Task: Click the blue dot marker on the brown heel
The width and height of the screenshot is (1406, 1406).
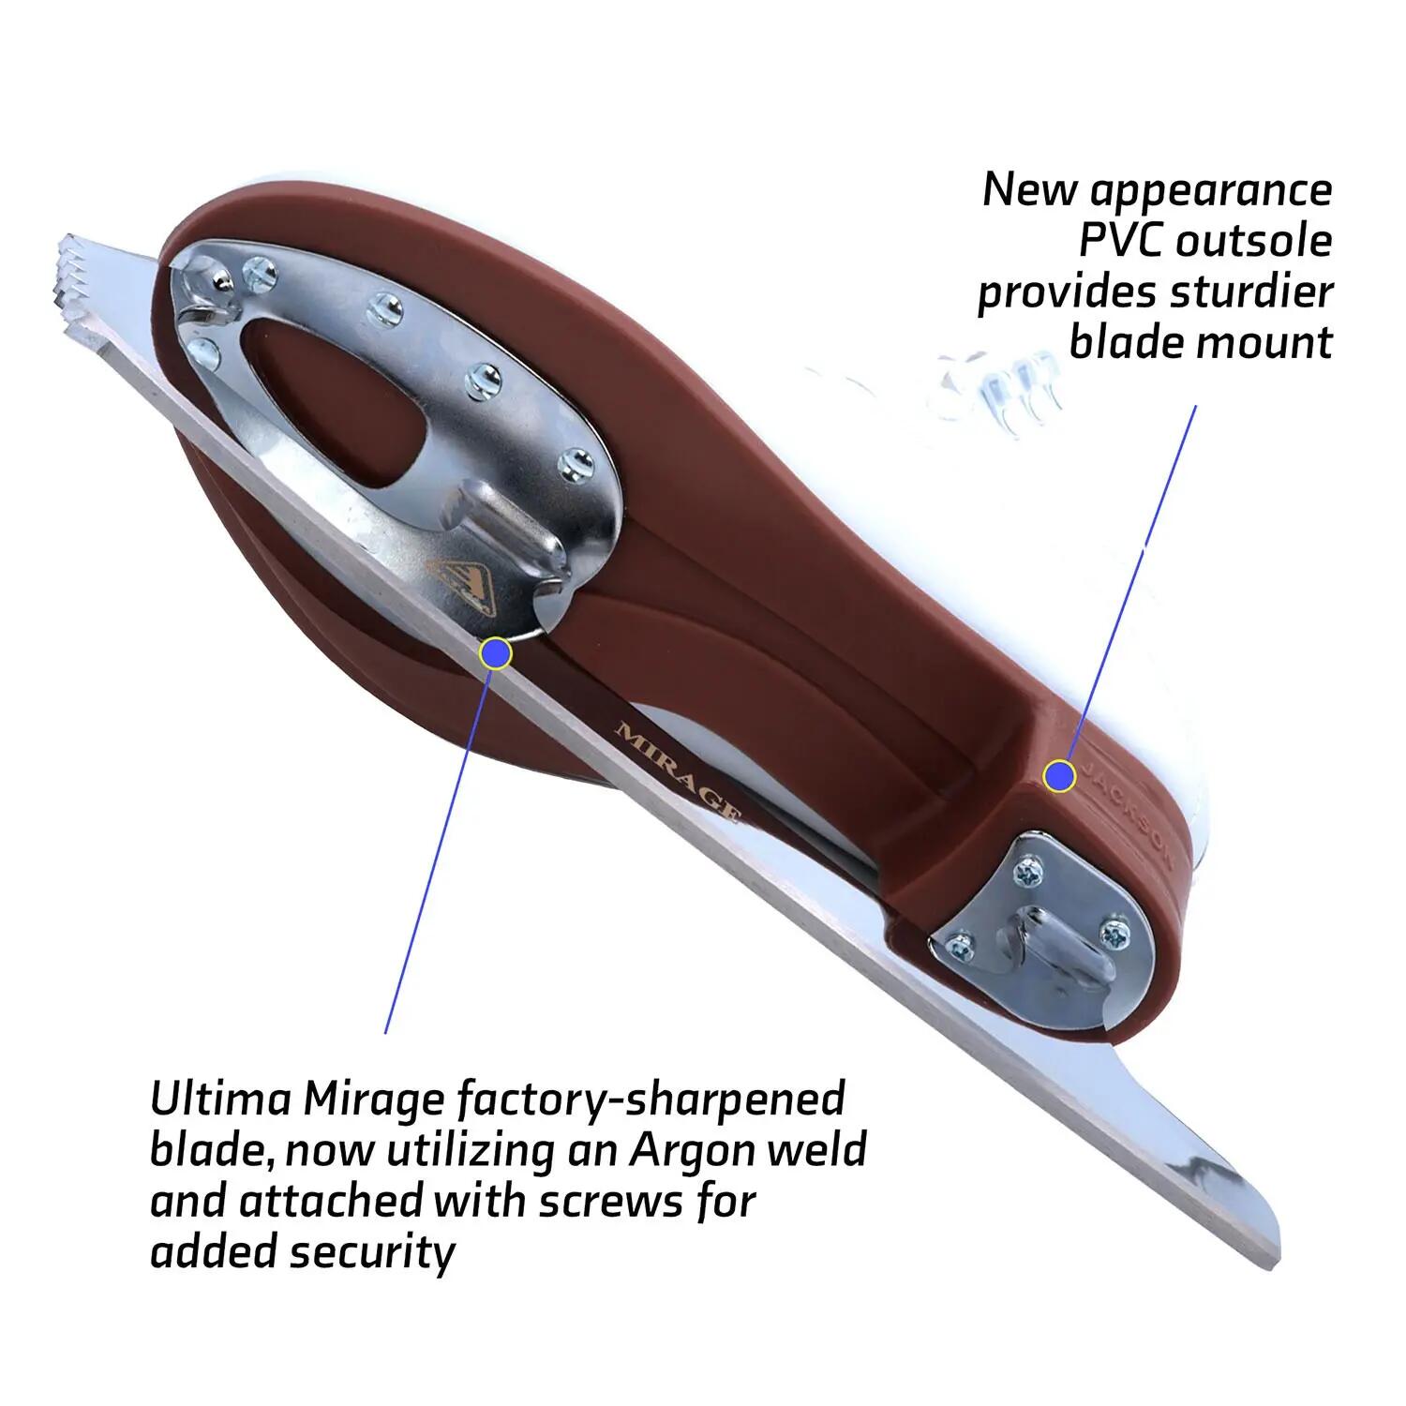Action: pos(1060,775)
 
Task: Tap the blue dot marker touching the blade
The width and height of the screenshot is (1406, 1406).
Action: pos(495,653)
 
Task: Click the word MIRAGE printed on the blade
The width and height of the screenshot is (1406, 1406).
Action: pos(678,772)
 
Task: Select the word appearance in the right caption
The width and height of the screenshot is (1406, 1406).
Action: pos(1212,191)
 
